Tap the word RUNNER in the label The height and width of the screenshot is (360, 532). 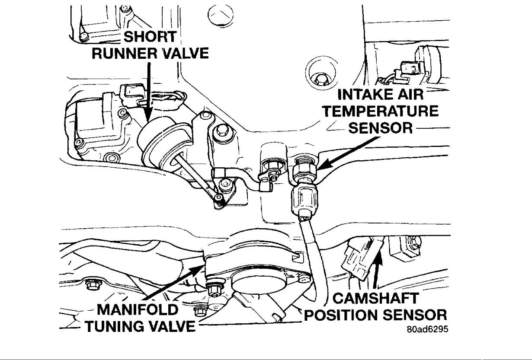point(123,54)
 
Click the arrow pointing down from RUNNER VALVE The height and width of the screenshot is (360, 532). point(149,90)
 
